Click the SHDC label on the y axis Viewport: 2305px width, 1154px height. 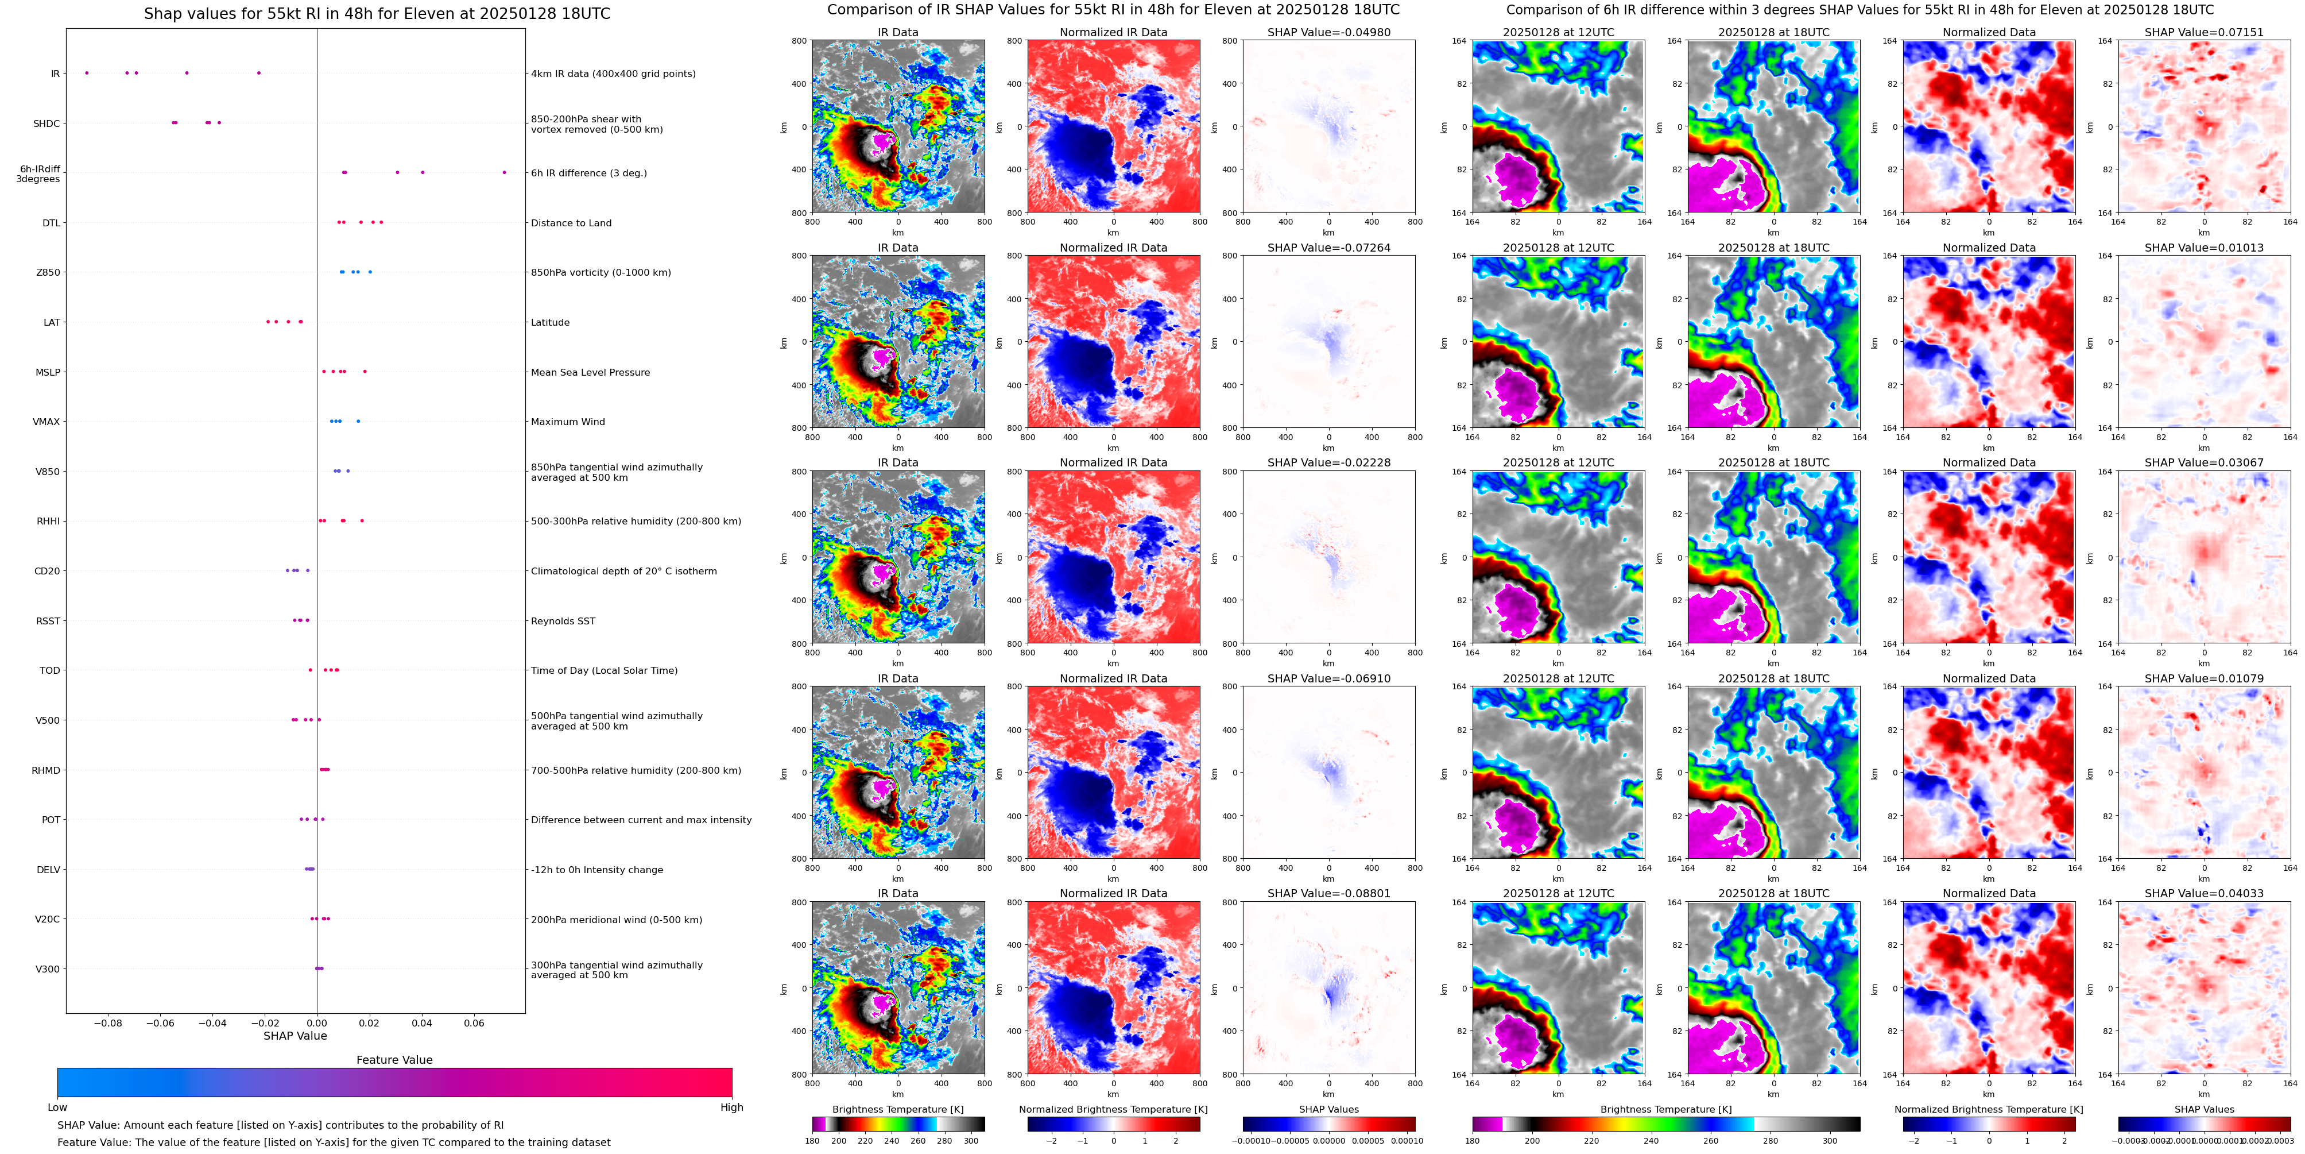point(47,123)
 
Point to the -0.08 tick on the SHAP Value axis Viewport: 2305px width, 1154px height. point(109,1022)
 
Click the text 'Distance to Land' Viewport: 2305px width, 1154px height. point(571,223)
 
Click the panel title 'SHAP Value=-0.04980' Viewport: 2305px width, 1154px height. point(1329,32)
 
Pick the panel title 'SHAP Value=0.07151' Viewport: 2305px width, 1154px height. point(2204,32)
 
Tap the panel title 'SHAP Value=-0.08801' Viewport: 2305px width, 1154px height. point(1329,893)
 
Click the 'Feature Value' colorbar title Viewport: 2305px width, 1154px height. point(394,1060)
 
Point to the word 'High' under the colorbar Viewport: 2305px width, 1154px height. point(732,1107)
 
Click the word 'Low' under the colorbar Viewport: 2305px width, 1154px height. point(57,1107)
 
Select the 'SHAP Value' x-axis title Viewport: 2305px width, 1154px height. point(295,1036)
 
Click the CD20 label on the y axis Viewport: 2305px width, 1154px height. point(47,571)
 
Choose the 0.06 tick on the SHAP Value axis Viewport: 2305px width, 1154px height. point(474,1022)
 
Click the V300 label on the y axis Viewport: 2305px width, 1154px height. point(48,968)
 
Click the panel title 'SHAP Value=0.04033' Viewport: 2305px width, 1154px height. point(2204,893)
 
